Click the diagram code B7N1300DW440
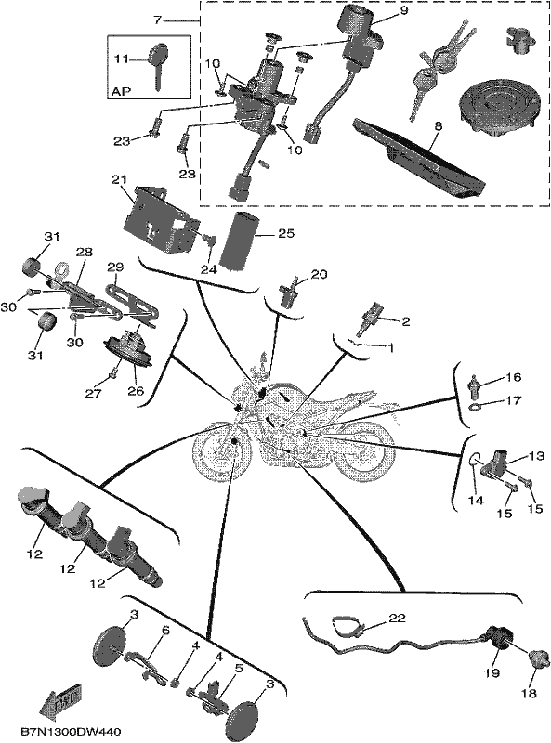(x=71, y=732)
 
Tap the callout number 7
(x=158, y=20)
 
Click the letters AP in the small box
(x=121, y=91)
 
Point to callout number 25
(x=286, y=234)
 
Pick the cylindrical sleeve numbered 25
(x=243, y=241)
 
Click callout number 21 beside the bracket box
(x=120, y=180)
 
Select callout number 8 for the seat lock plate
(x=438, y=127)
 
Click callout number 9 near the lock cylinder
(x=403, y=10)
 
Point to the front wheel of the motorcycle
(x=222, y=451)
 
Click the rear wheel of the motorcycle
(x=366, y=449)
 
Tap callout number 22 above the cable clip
(x=398, y=618)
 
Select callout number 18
(x=529, y=693)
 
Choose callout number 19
(x=492, y=672)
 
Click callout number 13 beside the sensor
(x=537, y=456)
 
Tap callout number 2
(x=405, y=322)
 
